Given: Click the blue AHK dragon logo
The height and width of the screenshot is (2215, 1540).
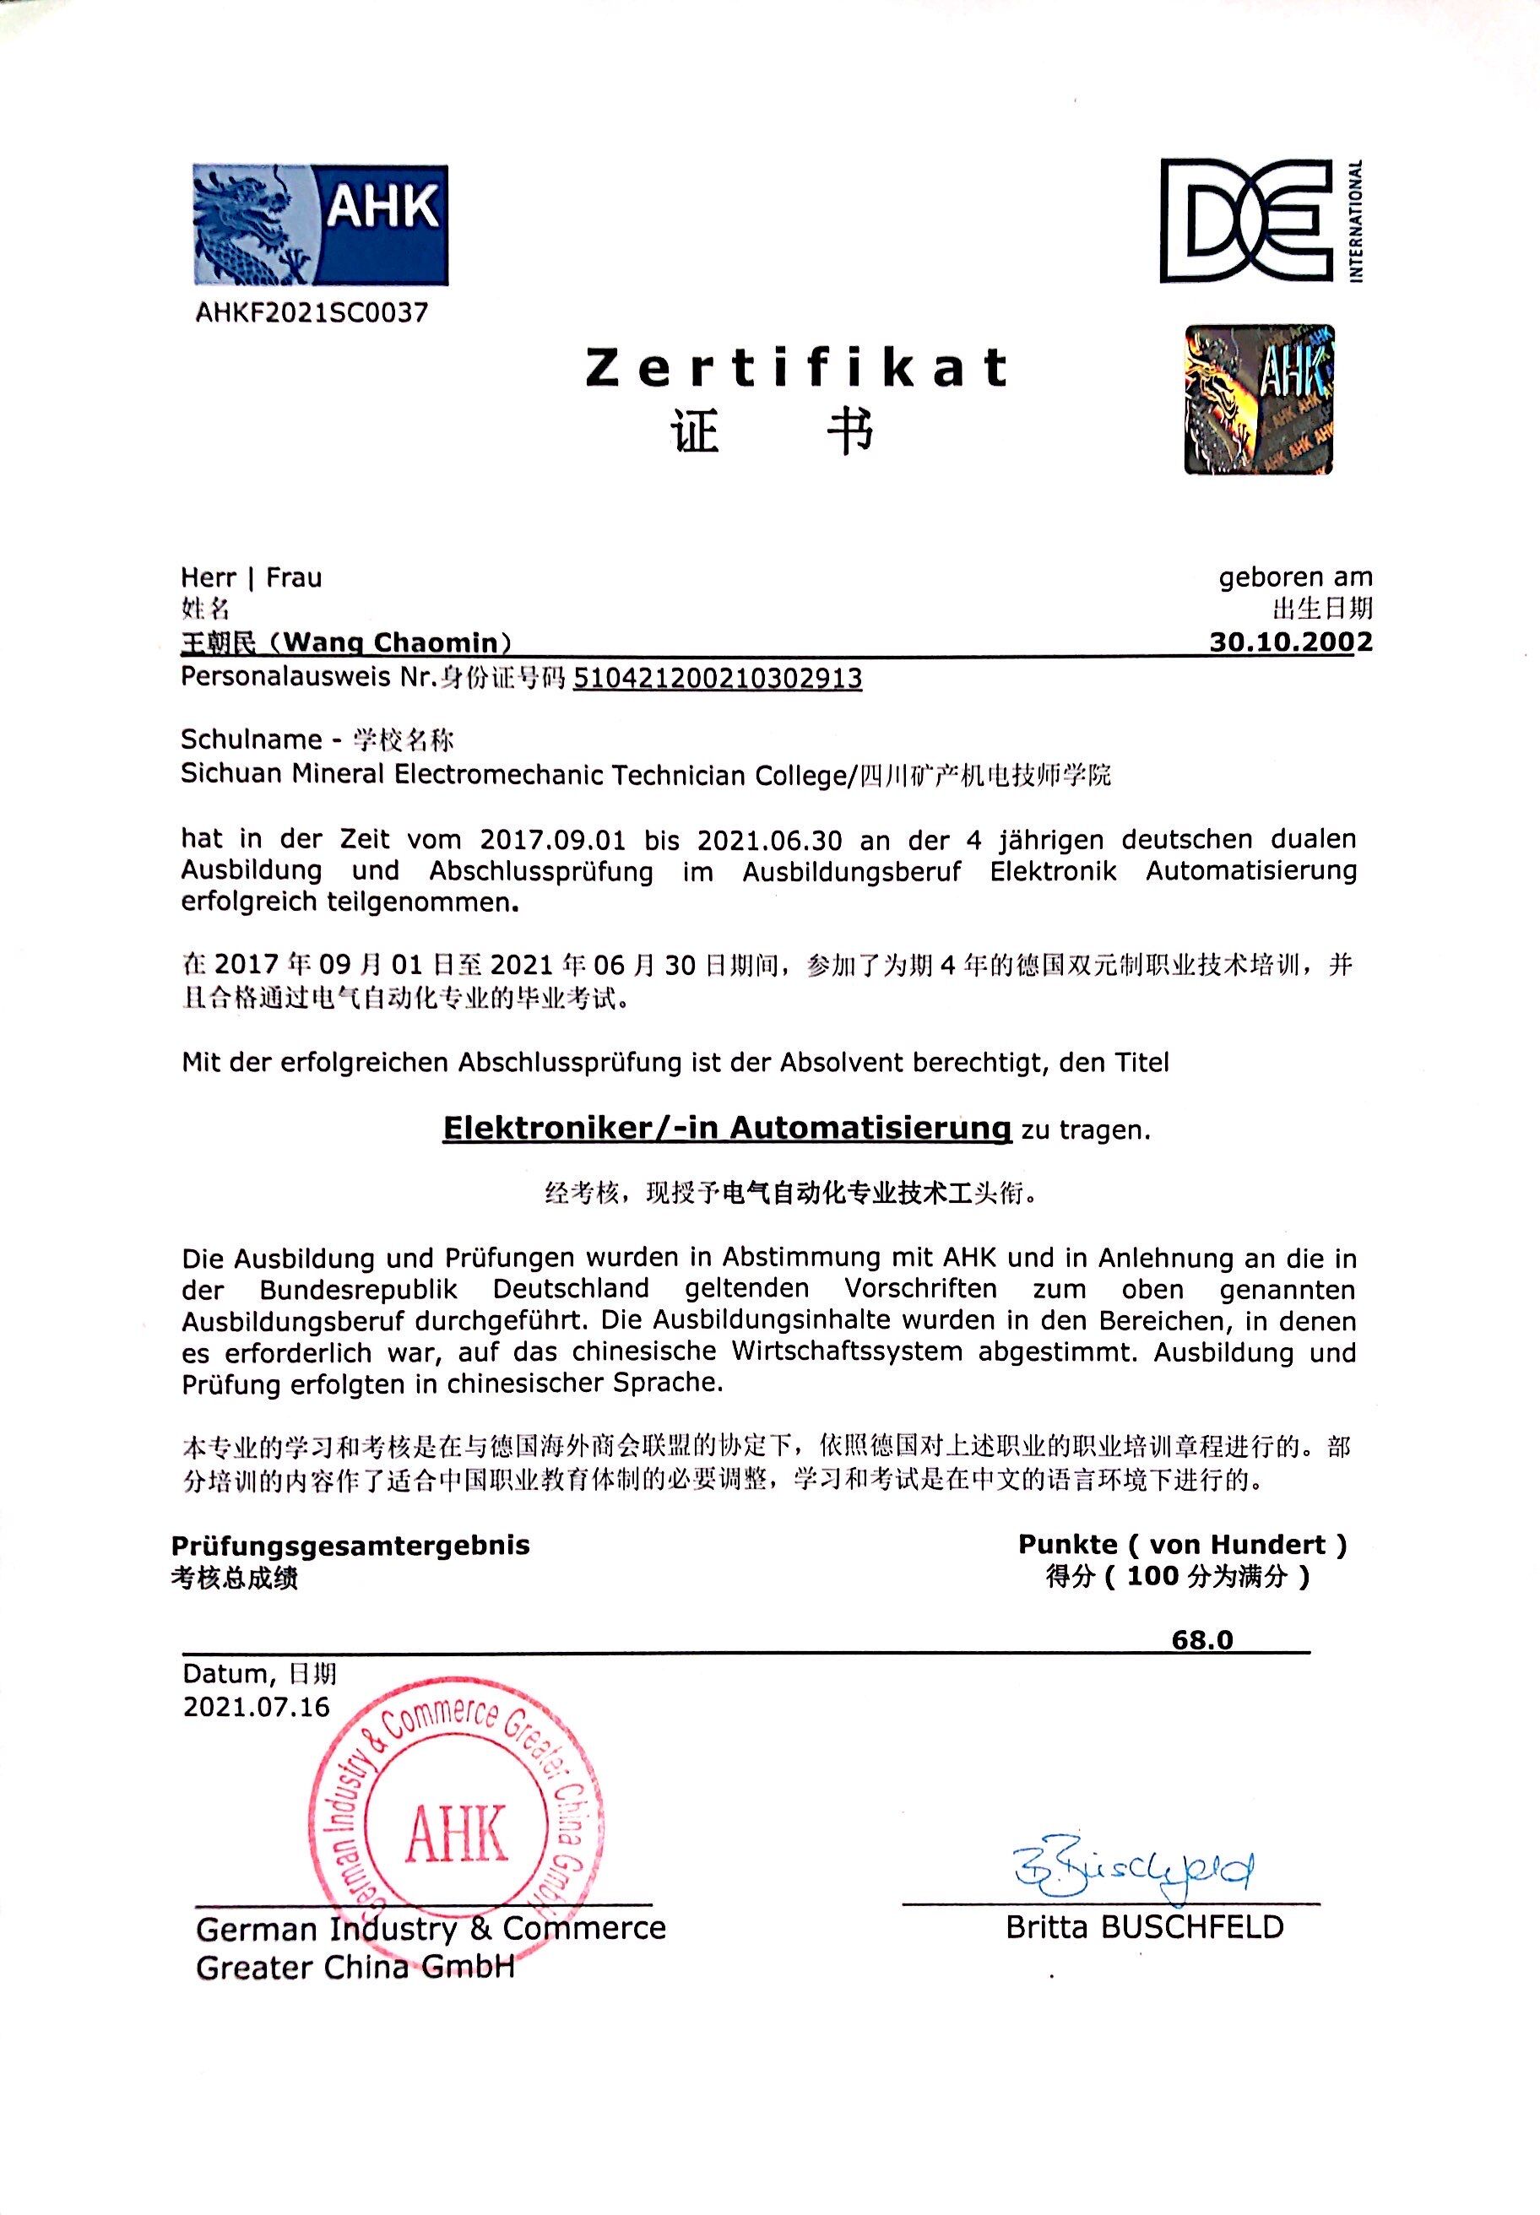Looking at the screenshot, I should pyautogui.click(x=320, y=224).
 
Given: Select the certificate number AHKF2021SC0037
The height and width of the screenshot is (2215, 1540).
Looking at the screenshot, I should pyautogui.click(x=311, y=312).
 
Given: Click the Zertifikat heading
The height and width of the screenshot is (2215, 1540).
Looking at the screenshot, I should pyautogui.click(x=796, y=369).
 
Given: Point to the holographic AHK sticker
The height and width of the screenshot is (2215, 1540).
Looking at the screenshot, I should pyautogui.click(x=1259, y=399).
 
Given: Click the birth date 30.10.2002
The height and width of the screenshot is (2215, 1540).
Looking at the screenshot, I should pyautogui.click(x=1290, y=642).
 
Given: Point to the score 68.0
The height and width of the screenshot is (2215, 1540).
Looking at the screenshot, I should pyautogui.click(x=1202, y=1639).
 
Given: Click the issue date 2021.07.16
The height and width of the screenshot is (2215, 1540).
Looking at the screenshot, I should pyautogui.click(x=257, y=1707).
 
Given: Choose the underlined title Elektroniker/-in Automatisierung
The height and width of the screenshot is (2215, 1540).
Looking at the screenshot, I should pyautogui.click(x=725, y=1128).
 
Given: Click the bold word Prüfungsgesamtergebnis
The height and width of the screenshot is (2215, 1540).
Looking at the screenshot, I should pyautogui.click(x=351, y=1545).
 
